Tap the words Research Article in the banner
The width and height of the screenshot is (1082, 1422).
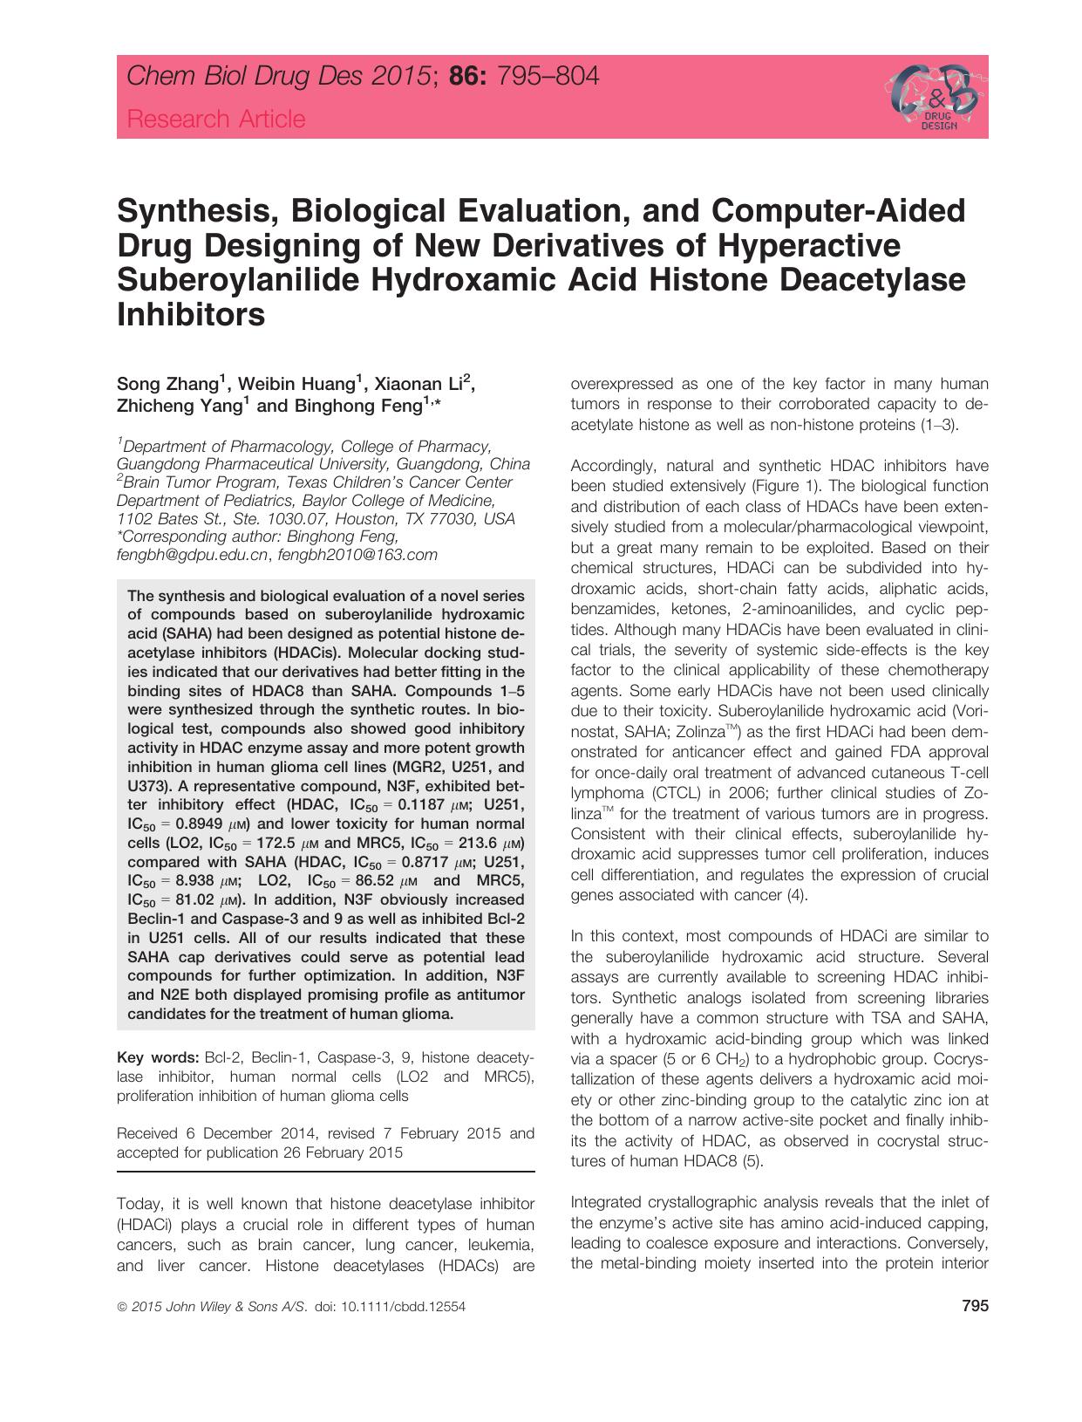[x=216, y=119]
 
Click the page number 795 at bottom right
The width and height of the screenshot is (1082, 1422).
[x=975, y=1306]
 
